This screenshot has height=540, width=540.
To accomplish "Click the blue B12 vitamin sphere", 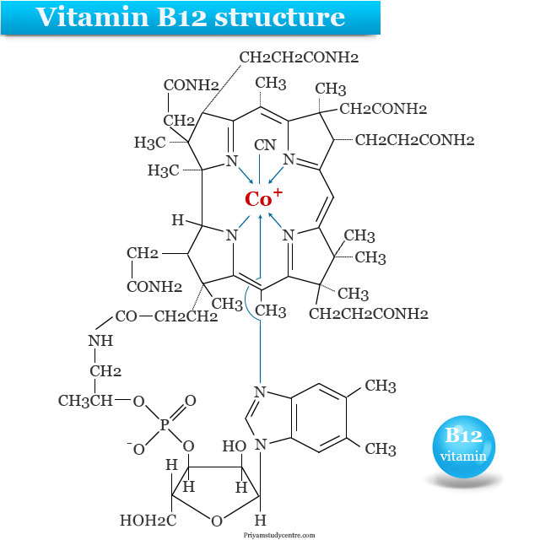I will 463,446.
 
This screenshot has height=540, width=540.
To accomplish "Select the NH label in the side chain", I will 100,342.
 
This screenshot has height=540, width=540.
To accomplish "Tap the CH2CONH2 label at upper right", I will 384,109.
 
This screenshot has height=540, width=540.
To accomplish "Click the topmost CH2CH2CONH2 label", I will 300,58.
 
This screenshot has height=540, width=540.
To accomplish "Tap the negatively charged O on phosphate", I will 138,449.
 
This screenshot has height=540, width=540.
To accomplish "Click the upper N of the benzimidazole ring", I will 261,391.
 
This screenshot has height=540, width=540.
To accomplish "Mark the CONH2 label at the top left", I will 191,85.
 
